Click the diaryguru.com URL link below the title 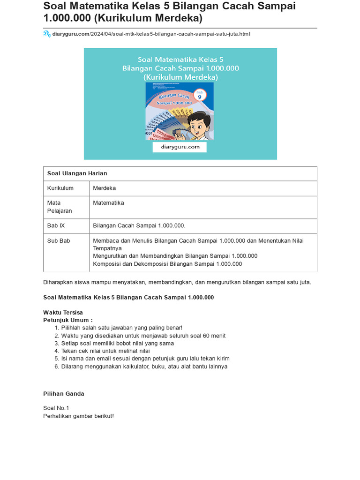151,34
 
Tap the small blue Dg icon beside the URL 47,34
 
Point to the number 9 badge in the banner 200,95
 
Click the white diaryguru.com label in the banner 180,147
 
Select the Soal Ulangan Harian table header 77,173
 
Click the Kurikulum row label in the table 60,188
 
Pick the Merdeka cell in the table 105,188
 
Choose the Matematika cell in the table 109,203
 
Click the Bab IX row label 56,226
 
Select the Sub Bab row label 59,241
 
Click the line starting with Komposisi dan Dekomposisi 167,264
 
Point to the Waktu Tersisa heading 63,313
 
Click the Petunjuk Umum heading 68,320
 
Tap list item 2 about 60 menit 143,336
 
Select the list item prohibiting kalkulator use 144,367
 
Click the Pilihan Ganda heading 64,394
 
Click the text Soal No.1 56,408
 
